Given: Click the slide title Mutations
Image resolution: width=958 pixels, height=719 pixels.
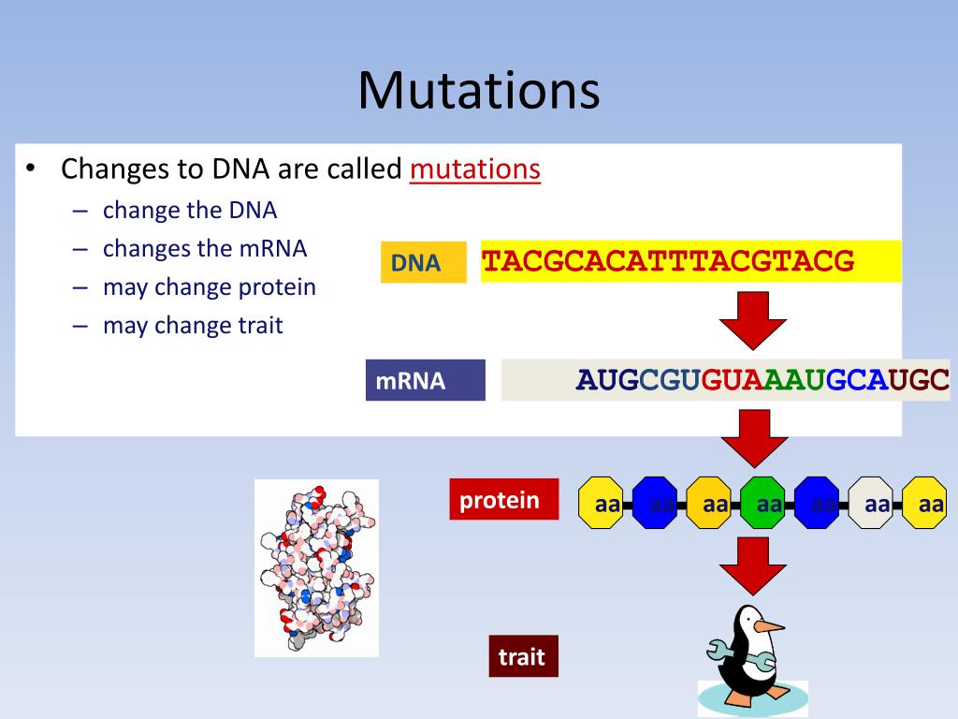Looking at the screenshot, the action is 478,91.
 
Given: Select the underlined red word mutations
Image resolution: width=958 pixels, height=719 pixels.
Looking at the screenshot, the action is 474,169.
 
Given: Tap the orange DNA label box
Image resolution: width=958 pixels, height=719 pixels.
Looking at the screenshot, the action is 423,263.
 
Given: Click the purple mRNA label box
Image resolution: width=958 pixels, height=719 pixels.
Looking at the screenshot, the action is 426,380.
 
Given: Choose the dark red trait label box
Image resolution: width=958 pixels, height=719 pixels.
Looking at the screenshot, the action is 522,656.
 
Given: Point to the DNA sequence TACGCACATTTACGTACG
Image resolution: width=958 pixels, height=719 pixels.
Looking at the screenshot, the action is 668,261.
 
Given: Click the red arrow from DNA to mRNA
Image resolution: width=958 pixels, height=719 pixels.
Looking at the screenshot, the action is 752,321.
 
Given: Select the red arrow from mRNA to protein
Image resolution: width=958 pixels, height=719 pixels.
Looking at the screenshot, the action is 752,438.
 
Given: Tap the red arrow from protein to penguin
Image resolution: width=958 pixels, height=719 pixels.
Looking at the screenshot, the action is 752,565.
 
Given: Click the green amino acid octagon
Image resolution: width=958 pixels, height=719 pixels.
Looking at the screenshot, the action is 768,504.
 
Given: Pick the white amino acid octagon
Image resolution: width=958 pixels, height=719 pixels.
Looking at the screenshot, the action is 876,504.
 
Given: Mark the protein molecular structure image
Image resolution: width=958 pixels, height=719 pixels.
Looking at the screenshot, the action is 316,567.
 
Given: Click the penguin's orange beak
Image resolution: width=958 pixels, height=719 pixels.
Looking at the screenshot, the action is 768,626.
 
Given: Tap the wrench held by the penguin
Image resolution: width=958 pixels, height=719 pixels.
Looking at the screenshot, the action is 726,648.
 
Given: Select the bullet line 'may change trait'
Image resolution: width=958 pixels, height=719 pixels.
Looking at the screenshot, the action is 192,326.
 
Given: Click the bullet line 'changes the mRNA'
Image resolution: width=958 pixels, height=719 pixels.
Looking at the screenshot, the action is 204,249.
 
